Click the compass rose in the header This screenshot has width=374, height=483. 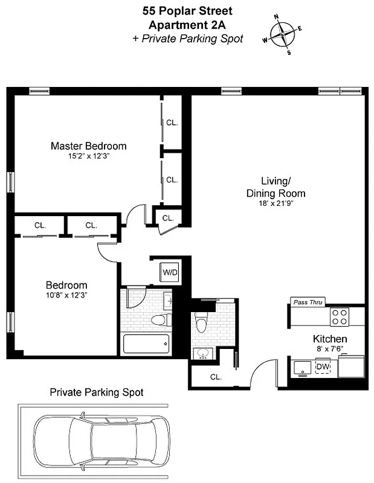pyautogui.click(x=282, y=34)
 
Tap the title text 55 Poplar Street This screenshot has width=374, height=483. pyautogui.click(x=187, y=10)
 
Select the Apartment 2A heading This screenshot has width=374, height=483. pyautogui.click(x=187, y=25)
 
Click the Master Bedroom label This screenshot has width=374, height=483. pyautogui.click(x=88, y=146)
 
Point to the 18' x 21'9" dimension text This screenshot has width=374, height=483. pyautogui.click(x=275, y=204)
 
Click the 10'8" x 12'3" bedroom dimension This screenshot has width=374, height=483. pyautogui.click(x=66, y=296)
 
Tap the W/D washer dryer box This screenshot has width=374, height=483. pyautogui.click(x=170, y=273)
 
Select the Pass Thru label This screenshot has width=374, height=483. pyautogui.click(x=308, y=301)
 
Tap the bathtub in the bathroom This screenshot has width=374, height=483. pyautogui.click(x=146, y=344)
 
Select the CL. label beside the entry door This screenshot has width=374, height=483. pyautogui.click(x=216, y=377)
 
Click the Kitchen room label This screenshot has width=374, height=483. pyautogui.click(x=329, y=339)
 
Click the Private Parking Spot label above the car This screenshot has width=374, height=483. pyautogui.click(x=97, y=392)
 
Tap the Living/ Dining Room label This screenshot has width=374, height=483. pyautogui.click(x=275, y=187)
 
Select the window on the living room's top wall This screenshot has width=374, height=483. pyautogui.click(x=339, y=91)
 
